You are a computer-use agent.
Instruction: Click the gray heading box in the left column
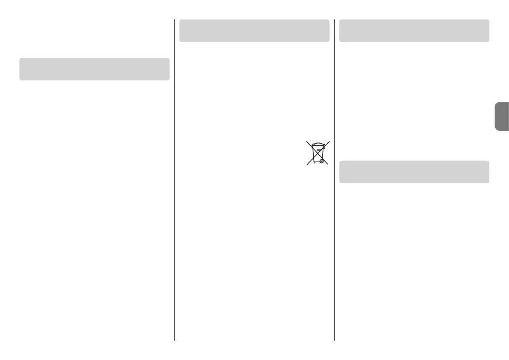click(x=94, y=69)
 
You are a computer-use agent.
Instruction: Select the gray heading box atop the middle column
click(x=254, y=30)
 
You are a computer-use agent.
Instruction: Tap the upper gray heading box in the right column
click(x=414, y=30)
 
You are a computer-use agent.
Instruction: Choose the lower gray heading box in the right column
click(x=414, y=172)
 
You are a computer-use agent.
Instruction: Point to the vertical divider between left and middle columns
click(x=175, y=180)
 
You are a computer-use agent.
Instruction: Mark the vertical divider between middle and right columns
click(x=334, y=180)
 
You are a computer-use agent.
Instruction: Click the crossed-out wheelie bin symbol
click(x=318, y=153)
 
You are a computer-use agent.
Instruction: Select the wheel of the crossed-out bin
click(x=321, y=162)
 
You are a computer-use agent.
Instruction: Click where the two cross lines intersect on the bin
click(x=318, y=153)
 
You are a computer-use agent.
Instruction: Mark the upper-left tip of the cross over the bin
click(x=306, y=142)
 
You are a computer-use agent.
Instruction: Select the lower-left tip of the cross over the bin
click(x=306, y=165)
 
